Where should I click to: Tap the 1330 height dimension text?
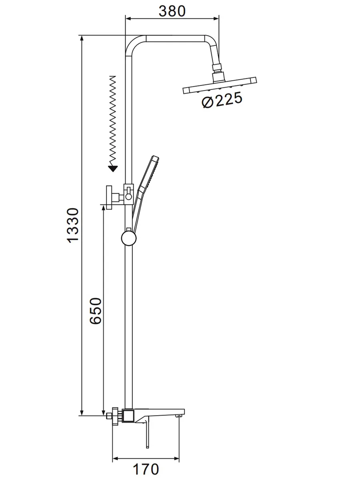point(72,226)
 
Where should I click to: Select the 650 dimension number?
point(96,311)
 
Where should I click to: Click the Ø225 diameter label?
point(222,100)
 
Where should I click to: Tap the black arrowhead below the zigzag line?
point(113,169)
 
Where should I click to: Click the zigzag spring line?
point(112,121)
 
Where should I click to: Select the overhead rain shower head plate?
point(220,85)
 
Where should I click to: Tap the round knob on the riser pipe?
point(129,238)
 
